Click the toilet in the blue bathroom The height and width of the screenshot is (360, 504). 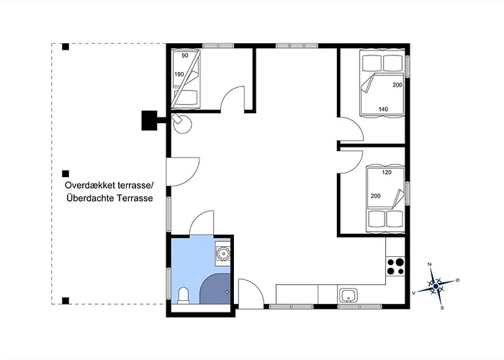(x=184, y=295)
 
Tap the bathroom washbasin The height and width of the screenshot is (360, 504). (x=222, y=253)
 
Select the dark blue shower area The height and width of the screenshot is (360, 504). (x=215, y=289)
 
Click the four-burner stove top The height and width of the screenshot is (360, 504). (x=395, y=266)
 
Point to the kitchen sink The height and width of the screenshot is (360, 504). (x=348, y=295)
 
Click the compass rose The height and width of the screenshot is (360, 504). (x=436, y=286)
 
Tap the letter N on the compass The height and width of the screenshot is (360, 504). (x=429, y=264)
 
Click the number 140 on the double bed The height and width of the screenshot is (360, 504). (x=383, y=109)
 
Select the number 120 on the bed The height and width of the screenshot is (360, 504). (x=387, y=172)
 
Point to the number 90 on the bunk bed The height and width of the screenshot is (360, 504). (x=185, y=55)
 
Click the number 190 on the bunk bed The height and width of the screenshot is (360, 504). (x=179, y=74)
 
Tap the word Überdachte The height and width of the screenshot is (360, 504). (x=90, y=198)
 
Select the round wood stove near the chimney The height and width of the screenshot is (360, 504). (x=182, y=123)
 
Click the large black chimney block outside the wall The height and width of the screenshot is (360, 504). (x=150, y=120)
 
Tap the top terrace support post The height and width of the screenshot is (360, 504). (x=66, y=47)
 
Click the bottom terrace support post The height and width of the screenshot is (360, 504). (x=66, y=301)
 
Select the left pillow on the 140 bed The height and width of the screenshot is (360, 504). (x=372, y=63)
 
